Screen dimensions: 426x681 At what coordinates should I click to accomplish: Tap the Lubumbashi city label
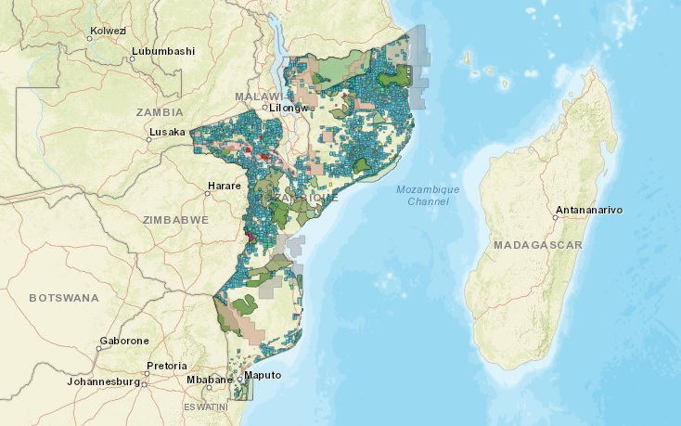click(x=163, y=50)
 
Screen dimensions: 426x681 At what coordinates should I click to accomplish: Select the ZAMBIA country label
click(x=160, y=111)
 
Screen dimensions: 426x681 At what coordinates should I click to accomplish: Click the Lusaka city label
click(x=167, y=132)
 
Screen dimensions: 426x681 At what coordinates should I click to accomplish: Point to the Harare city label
click(x=224, y=187)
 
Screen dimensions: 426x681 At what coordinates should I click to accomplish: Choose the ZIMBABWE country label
click(x=174, y=220)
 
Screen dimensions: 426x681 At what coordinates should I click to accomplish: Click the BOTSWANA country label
click(x=64, y=298)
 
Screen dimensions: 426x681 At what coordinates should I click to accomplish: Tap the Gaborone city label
click(x=125, y=341)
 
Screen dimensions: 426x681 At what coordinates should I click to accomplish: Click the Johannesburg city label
click(x=103, y=381)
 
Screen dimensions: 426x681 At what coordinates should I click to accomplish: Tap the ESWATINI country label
click(x=205, y=407)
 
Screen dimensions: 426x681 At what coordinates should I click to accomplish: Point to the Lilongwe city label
click(x=289, y=109)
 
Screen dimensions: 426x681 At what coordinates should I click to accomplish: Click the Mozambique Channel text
click(x=427, y=195)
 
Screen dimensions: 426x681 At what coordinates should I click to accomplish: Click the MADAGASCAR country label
click(x=538, y=245)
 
